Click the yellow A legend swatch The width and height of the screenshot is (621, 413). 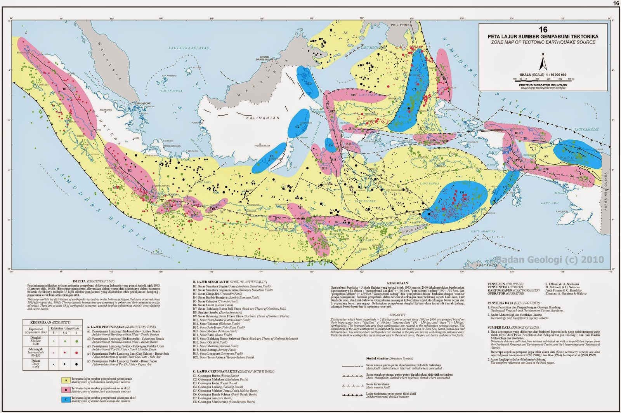66,380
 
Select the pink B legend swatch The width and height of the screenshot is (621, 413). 66,390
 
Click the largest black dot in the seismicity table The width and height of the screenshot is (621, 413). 76,364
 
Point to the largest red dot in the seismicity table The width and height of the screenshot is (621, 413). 76,353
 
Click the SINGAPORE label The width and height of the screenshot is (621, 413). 143,103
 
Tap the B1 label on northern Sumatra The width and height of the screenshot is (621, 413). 65,89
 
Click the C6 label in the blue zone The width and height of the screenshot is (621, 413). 462,192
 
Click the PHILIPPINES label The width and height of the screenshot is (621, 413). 400,24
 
